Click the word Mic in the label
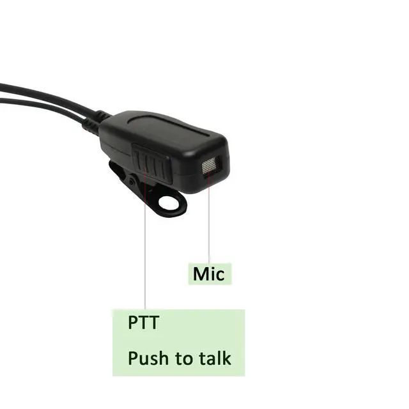click(x=209, y=274)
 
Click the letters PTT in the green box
click(x=143, y=322)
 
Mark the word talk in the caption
click(x=213, y=358)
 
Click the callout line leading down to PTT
click(x=145, y=256)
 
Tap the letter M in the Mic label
click(x=200, y=274)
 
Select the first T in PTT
click(x=144, y=322)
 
